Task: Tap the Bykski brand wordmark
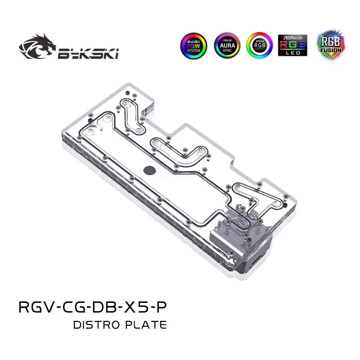pos(88,54)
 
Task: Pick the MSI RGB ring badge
pos(260,45)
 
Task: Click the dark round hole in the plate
pos(148,170)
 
